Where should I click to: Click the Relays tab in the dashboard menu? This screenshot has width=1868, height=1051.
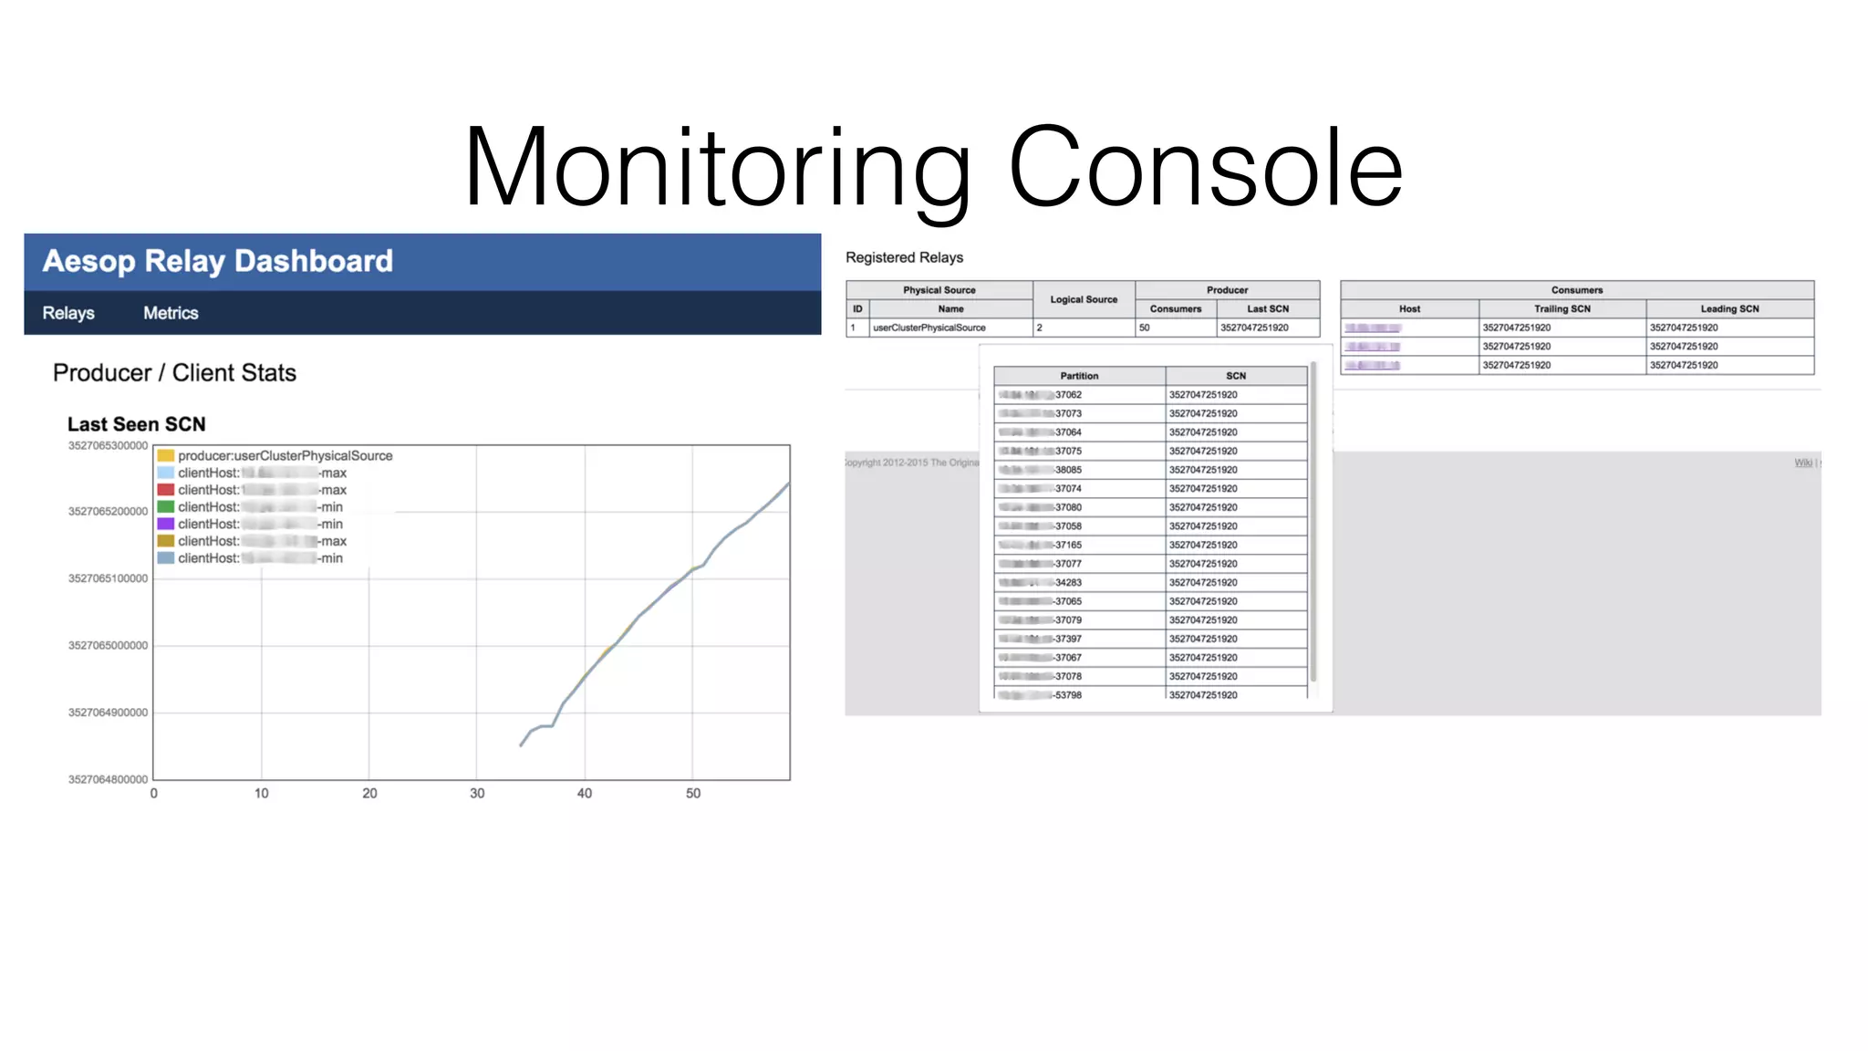click(x=68, y=313)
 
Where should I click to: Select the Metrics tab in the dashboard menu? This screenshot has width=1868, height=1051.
click(x=171, y=313)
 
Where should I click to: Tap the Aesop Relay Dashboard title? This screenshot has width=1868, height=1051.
click(x=218, y=262)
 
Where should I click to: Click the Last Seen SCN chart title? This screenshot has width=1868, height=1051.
click(x=137, y=424)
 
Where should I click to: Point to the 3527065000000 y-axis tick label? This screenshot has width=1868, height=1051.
click(x=108, y=646)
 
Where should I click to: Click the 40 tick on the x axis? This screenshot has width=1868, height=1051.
click(x=585, y=794)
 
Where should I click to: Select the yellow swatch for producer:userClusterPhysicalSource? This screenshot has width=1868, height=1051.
click(x=166, y=455)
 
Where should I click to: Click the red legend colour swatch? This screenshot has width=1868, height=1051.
click(x=166, y=490)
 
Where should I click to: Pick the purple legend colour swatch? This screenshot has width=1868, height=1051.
click(x=166, y=524)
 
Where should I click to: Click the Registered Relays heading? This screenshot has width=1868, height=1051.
click(x=904, y=258)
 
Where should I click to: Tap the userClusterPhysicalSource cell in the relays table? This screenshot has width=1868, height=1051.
click(x=929, y=328)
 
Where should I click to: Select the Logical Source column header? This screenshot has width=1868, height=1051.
click(x=1084, y=299)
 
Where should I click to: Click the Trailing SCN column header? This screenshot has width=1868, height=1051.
click(x=1562, y=309)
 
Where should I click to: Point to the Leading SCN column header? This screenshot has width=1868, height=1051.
click(x=1729, y=309)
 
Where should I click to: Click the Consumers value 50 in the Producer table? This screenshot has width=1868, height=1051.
click(x=1145, y=328)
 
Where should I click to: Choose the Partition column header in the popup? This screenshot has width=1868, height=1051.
click(x=1079, y=376)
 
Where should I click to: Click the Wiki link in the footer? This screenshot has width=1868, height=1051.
click(x=1803, y=463)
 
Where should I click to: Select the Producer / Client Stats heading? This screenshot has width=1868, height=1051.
click(x=174, y=373)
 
